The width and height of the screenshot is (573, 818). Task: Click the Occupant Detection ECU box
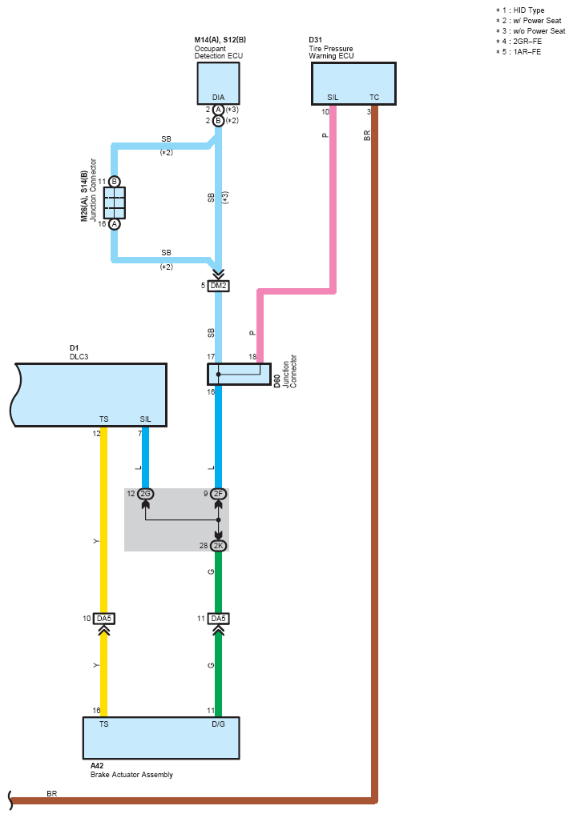pos(218,83)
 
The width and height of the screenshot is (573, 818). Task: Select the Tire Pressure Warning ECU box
pos(353,83)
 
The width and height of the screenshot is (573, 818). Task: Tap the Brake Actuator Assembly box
pos(161,738)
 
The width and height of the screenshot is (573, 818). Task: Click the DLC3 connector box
pos(89,395)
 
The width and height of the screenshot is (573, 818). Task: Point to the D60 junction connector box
pos(240,374)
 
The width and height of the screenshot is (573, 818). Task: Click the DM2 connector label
pos(218,286)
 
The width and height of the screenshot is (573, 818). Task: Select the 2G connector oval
pos(146,494)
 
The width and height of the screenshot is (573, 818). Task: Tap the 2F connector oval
pos(218,494)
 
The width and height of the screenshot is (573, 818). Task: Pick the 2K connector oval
pos(218,546)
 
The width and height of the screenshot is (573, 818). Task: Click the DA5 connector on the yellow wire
pos(104,619)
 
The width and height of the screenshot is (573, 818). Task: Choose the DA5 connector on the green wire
pos(218,619)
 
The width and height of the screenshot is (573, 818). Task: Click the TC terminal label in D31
pos(374,98)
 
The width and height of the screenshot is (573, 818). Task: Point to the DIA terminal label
pos(218,98)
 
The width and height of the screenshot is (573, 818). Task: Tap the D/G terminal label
pos(218,724)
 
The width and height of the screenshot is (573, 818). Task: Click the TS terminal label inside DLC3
pos(104,419)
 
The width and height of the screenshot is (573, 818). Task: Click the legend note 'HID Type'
pos(529,10)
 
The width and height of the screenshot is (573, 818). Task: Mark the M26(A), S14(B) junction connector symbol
pos(115,203)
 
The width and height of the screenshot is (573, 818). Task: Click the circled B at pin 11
pos(115,182)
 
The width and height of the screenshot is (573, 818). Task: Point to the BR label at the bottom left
pos(52,793)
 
